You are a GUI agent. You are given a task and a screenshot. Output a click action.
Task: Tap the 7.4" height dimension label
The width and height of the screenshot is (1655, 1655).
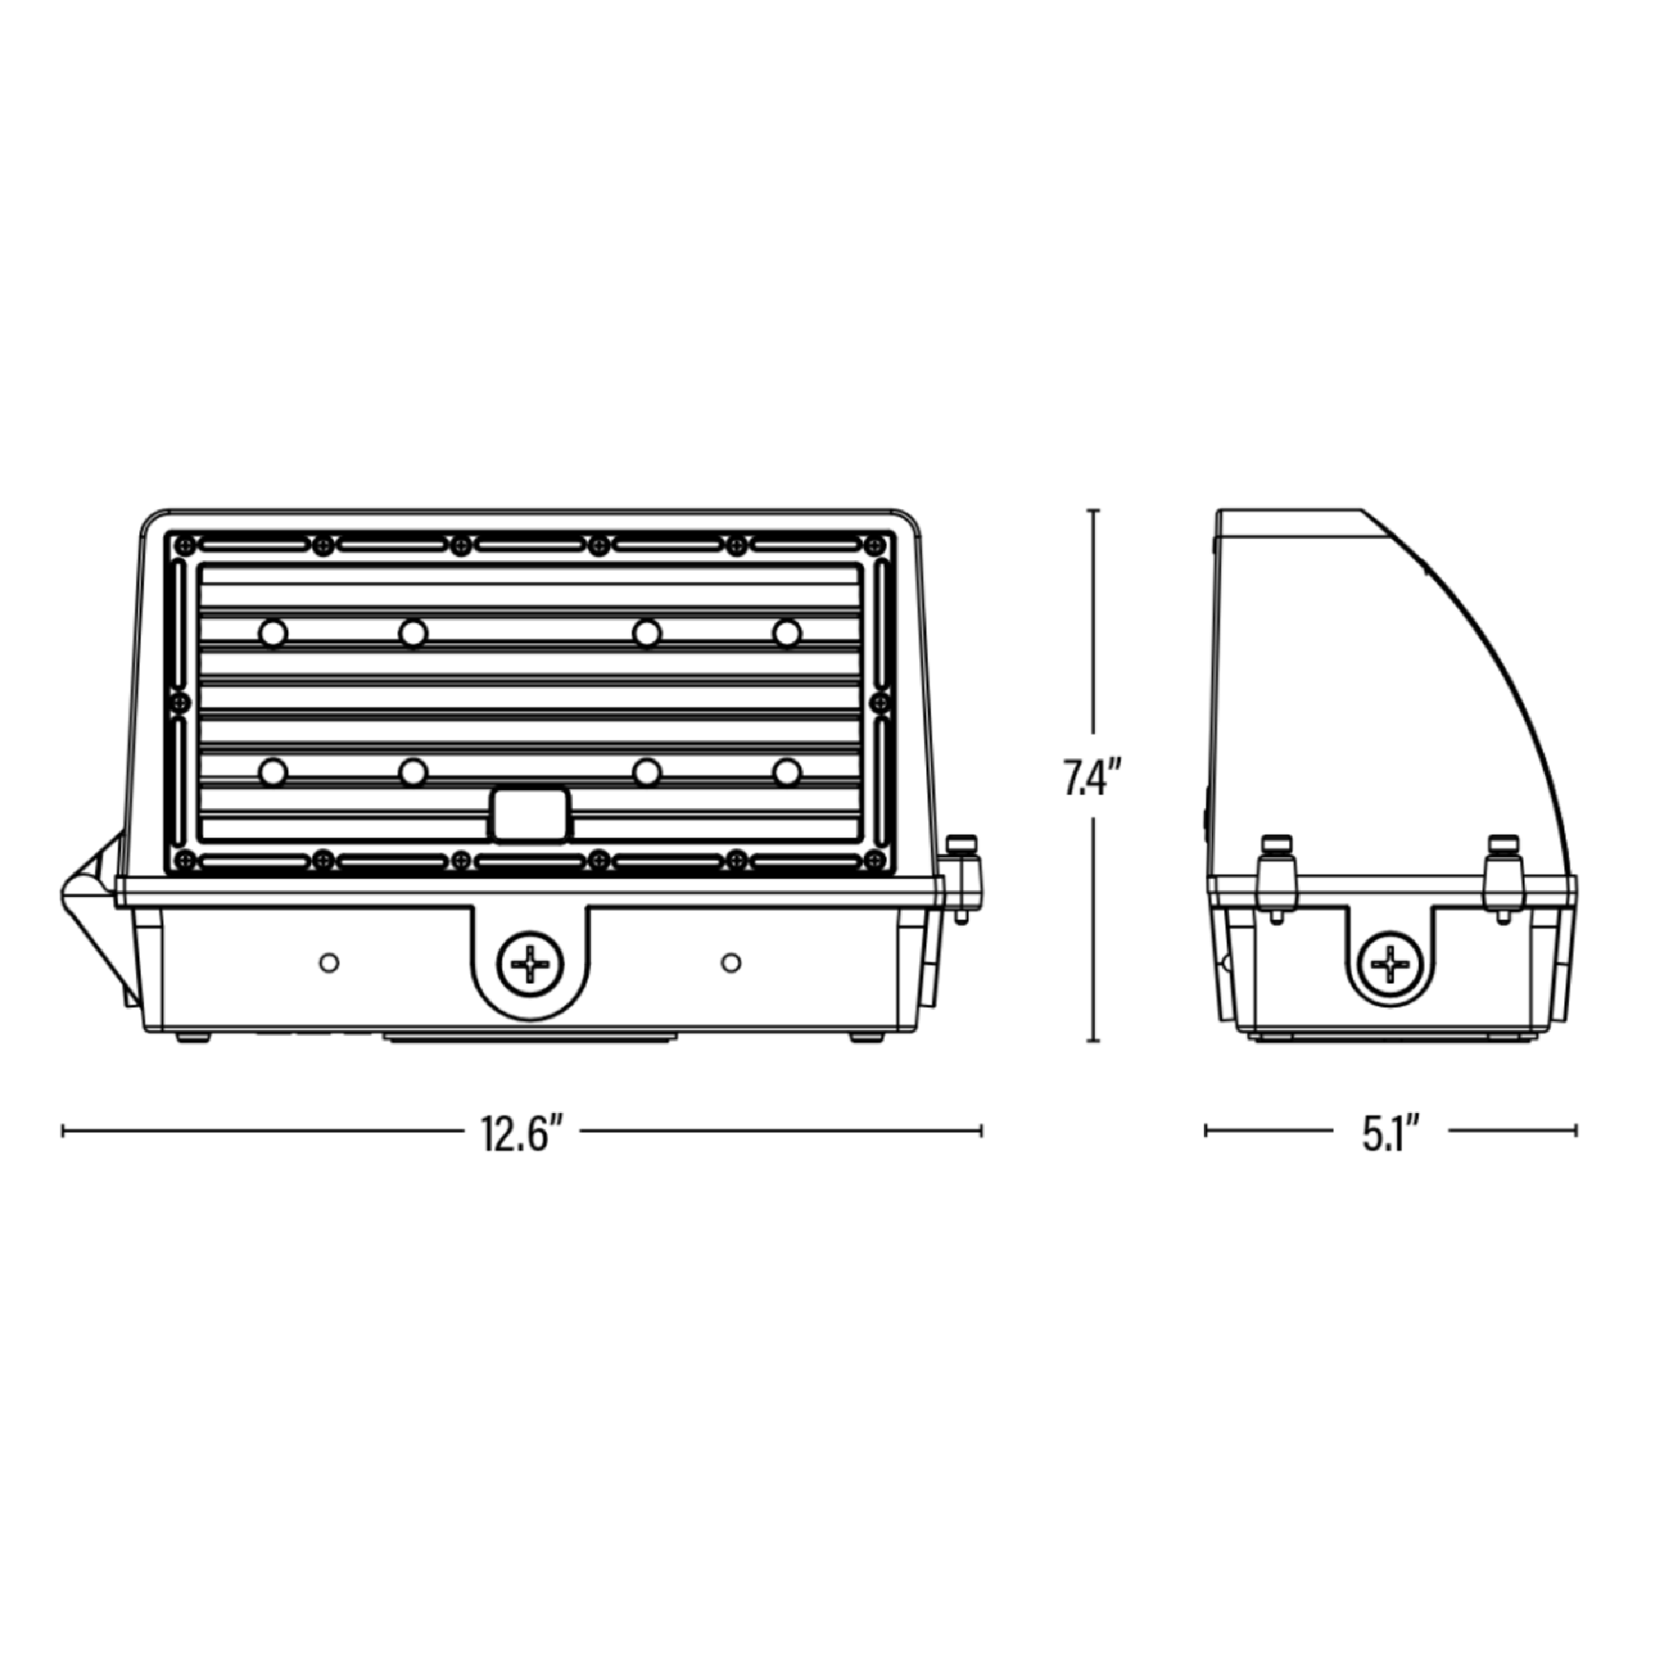pyautogui.click(x=1091, y=776)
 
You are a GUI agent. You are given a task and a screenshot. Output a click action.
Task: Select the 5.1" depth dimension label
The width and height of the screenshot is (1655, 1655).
pyautogui.click(x=1391, y=1134)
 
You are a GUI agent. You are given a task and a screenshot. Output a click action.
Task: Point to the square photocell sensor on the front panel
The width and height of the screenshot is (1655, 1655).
pyautogui.click(x=530, y=813)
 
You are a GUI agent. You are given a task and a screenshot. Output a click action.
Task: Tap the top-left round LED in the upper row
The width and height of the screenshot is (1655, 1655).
pyautogui.click(x=273, y=634)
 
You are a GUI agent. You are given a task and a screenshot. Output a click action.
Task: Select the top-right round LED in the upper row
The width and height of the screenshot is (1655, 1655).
pyautogui.click(x=787, y=634)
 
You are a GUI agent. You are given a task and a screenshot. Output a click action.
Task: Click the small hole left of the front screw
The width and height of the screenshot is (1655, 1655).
pyautogui.click(x=329, y=963)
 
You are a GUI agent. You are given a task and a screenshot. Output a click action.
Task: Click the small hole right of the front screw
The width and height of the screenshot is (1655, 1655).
pyautogui.click(x=731, y=963)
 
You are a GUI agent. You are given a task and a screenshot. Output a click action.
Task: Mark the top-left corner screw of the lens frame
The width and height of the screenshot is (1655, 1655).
pyautogui.click(x=181, y=544)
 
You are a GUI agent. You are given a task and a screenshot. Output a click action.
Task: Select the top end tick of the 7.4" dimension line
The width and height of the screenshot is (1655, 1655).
pyautogui.click(x=1093, y=511)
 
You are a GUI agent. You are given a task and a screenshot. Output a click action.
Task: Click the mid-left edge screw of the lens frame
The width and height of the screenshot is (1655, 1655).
pyautogui.click(x=180, y=703)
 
